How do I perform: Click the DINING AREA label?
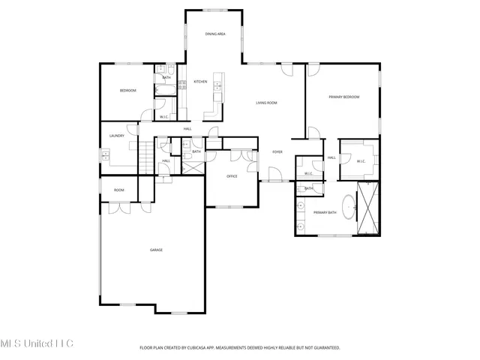pos(216,34)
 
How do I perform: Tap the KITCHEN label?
pos(200,81)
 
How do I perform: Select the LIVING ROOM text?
pos(267,103)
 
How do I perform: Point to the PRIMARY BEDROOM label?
pos(343,97)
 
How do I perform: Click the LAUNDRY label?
pos(116,136)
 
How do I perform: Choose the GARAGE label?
pos(156,250)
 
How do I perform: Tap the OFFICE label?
pos(232,176)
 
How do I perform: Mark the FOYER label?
pos(277,151)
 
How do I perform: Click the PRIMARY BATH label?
pos(325,213)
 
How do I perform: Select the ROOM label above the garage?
pos(118,190)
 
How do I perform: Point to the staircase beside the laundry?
pos(146,160)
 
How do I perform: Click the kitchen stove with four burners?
pos(182,85)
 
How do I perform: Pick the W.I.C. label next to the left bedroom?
pos(163,116)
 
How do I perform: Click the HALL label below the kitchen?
pos(187,128)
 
